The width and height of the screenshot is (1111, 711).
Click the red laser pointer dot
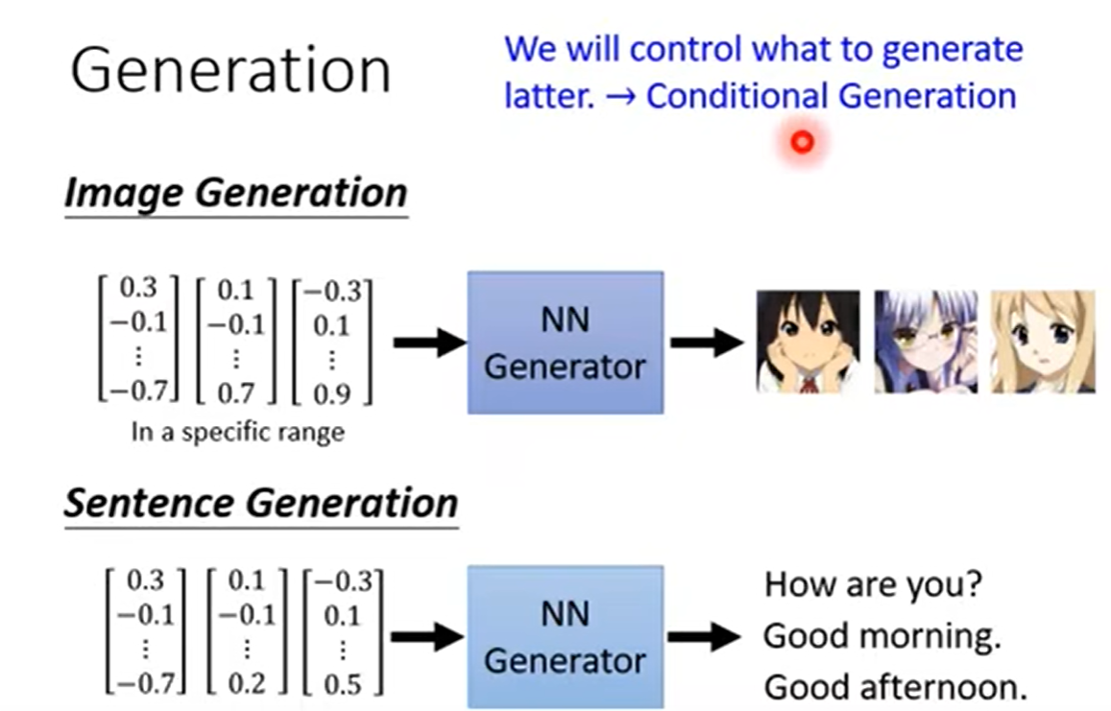802,143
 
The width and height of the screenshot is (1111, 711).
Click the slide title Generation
231,70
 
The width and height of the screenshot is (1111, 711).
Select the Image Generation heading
236,193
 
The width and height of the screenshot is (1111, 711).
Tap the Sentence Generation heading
261,504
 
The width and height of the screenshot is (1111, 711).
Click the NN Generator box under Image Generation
566,343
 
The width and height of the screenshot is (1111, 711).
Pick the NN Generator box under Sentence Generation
566,637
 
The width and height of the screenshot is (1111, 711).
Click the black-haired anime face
809,342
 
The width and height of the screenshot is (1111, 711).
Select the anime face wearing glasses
926,342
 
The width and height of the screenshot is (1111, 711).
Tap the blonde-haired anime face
1042,342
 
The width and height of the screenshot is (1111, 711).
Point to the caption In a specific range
238,432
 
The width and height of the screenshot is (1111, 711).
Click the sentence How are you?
873,585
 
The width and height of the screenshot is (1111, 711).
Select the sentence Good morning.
882,636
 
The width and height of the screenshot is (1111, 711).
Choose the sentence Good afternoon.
896,687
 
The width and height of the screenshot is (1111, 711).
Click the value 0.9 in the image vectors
331,393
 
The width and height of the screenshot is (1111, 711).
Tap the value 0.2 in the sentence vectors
247,683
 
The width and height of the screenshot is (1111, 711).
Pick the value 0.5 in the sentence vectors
342,684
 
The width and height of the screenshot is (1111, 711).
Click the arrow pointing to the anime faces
707,343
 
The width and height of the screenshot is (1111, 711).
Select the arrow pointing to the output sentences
704,637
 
